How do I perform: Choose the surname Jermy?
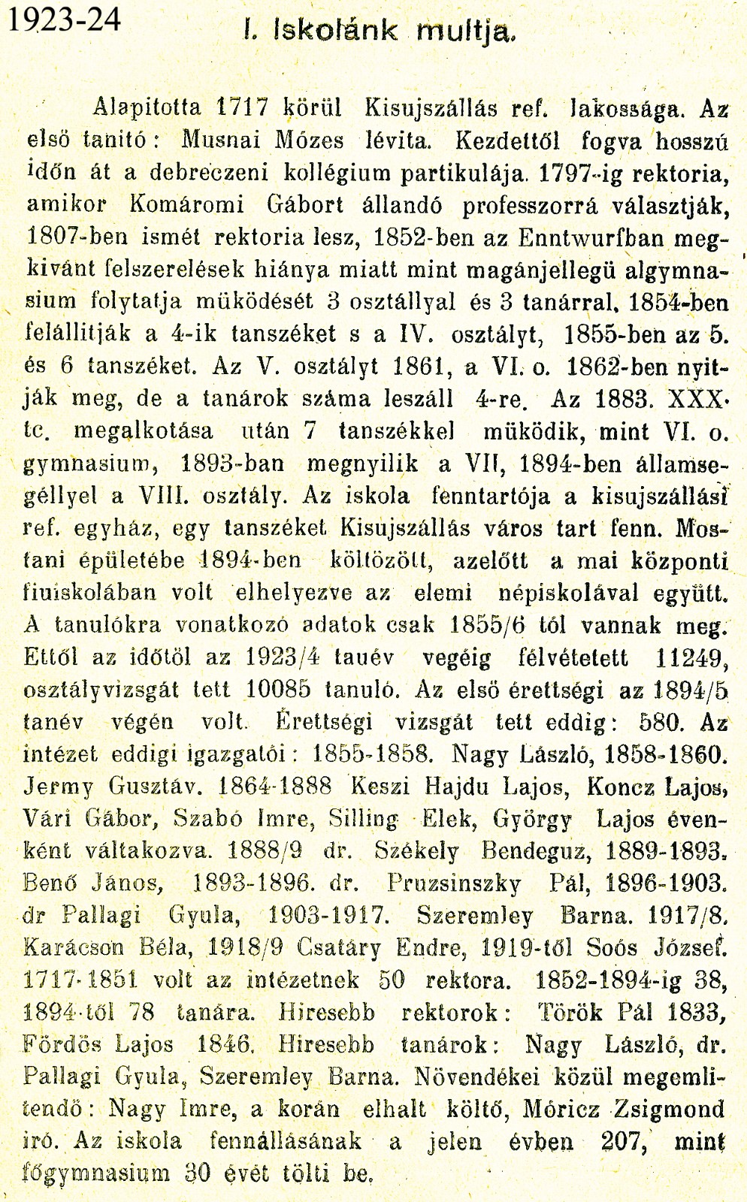pos(59,787)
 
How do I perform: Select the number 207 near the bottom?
pos(627,1141)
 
